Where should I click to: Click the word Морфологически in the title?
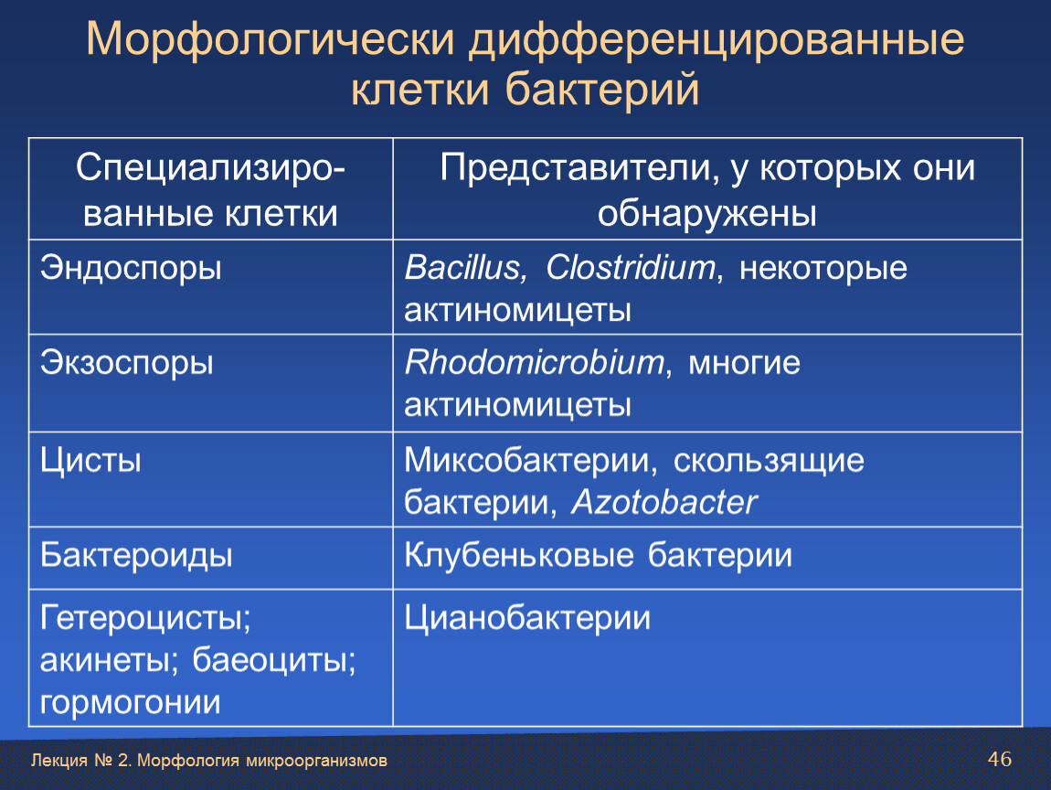[x=271, y=39]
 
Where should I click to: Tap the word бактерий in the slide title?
[x=602, y=89]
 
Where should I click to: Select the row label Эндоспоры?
[x=131, y=268]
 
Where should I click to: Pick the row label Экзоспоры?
[x=127, y=362]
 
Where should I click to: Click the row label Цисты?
[x=90, y=461]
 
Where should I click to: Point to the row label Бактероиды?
[x=136, y=555]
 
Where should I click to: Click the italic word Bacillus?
[x=466, y=267]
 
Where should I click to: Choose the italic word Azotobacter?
[x=664, y=502]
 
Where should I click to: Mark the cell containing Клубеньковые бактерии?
[x=707, y=558]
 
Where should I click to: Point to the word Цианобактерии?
[x=527, y=618]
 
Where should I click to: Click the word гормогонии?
[x=130, y=703]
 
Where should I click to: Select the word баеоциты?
[x=274, y=660]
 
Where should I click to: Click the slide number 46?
[x=999, y=759]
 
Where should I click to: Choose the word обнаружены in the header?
[x=707, y=214]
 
